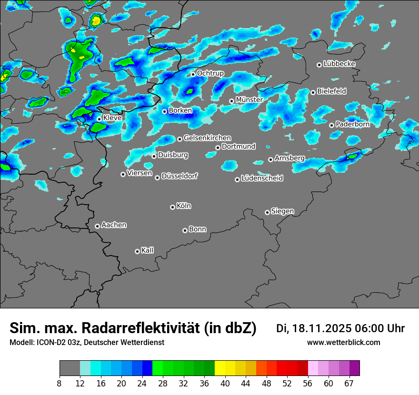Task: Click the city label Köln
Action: tap(184, 206)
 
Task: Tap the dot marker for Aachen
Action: tap(97, 226)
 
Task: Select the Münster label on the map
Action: tap(249, 100)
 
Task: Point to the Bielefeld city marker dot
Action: tap(313, 92)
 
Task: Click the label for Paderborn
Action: tap(352, 124)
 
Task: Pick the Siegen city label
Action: tap(282, 211)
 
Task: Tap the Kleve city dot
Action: tap(99, 119)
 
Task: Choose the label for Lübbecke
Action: tap(339, 64)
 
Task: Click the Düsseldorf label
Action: tap(180, 176)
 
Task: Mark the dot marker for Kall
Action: tap(137, 251)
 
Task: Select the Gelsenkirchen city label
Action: tap(207, 138)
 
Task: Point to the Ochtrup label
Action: tap(210, 73)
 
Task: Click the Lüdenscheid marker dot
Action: tap(237, 179)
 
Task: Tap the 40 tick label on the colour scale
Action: tap(225, 383)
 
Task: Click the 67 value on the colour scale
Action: tap(349, 383)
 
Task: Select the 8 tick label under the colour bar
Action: tap(60, 383)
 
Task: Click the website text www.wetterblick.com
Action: tap(344, 343)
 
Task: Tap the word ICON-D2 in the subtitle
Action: tap(49, 343)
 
